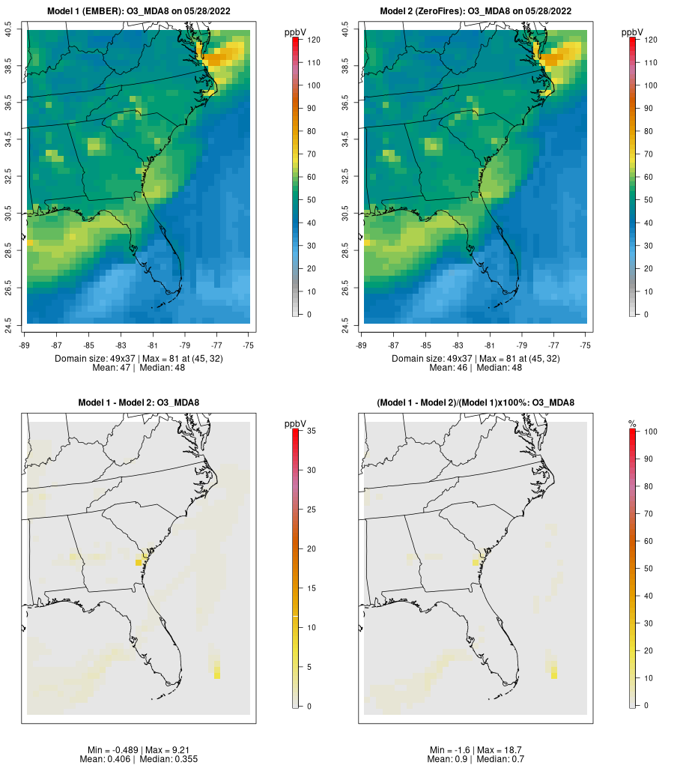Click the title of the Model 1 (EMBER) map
point(139,11)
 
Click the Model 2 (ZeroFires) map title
point(476,11)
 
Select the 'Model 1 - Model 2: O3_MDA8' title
point(139,402)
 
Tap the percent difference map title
point(476,402)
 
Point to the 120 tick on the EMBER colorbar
point(314,40)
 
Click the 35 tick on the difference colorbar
point(312,431)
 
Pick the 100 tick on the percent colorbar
point(651,432)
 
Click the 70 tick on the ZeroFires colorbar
point(649,154)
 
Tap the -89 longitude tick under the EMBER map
point(25,345)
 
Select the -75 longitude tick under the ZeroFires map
point(586,345)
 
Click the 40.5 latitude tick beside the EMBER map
point(8,29)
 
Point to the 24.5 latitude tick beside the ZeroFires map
point(345,326)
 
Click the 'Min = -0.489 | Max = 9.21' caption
point(139,750)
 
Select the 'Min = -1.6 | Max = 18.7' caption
point(476,750)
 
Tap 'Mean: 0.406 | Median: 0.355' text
point(139,759)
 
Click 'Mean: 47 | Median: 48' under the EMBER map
point(139,368)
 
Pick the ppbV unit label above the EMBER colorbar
point(295,33)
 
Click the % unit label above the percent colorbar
point(632,424)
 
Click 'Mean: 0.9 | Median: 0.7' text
point(476,759)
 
